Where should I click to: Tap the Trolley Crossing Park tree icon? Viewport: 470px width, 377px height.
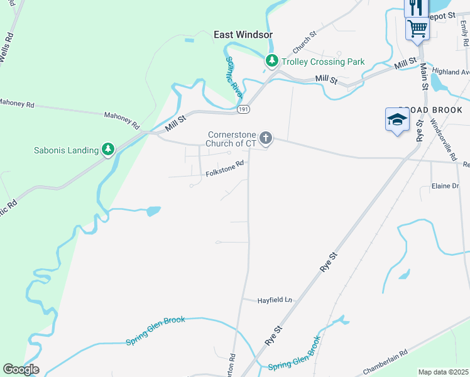271,62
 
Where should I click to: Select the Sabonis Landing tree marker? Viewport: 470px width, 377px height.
109,150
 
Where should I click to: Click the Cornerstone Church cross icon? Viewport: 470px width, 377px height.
266,138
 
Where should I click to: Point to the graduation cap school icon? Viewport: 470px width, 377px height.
396,119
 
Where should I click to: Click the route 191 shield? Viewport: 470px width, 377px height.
244,109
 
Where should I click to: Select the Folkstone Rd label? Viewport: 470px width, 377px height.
225,168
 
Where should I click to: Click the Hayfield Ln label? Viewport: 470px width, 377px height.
275,300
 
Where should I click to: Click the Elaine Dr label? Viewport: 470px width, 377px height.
445,186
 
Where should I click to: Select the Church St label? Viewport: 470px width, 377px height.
302,43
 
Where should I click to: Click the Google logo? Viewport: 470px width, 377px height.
21,369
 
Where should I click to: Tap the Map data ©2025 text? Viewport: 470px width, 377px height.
443,372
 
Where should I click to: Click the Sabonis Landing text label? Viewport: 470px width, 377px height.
66,150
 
